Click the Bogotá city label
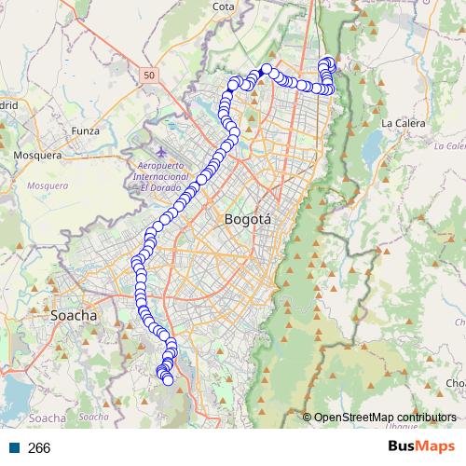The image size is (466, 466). (247, 220)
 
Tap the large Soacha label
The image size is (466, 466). (74, 316)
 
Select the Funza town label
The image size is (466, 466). (85, 131)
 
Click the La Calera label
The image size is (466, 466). (403, 123)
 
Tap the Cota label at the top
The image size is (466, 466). (223, 7)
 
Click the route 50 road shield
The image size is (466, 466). (151, 73)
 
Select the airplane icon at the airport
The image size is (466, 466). (160, 149)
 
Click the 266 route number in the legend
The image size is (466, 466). (39, 448)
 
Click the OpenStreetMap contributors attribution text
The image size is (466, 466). (385, 417)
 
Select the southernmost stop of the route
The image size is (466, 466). (168, 380)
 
